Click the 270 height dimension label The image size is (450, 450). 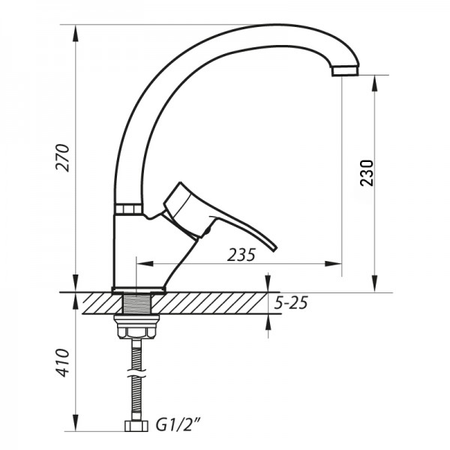[x=65, y=157]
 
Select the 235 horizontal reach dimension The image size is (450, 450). [x=241, y=255]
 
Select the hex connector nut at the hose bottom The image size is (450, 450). [x=136, y=428]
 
